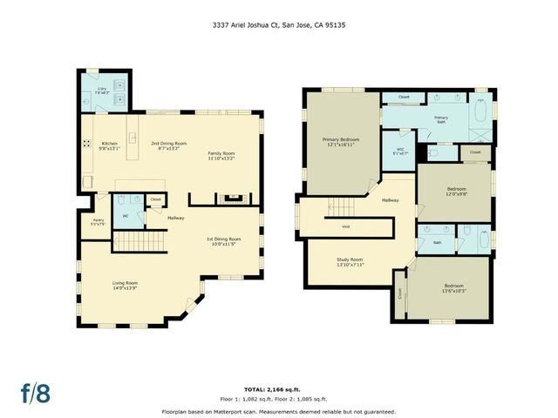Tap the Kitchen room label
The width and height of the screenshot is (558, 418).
tap(109, 145)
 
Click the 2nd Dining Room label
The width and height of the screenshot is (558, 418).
tap(168, 145)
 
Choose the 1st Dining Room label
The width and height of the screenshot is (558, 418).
tap(223, 241)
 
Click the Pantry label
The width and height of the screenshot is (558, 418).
tap(99, 222)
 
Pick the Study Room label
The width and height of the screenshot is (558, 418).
tap(350, 262)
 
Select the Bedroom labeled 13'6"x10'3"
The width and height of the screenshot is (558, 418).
tap(453, 288)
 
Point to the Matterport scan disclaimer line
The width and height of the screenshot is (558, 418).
tap(278, 411)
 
